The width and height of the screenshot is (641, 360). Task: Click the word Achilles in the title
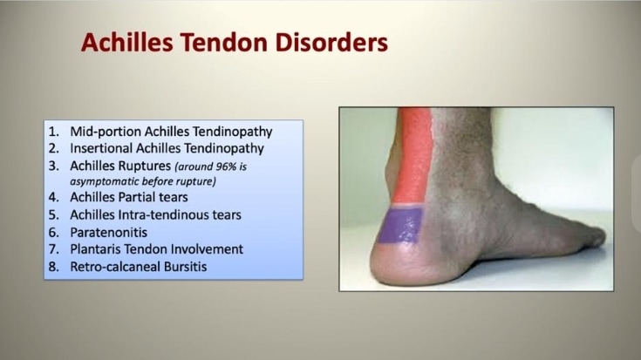click(x=126, y=43)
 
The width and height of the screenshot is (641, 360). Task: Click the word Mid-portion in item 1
click(x=106, y=132)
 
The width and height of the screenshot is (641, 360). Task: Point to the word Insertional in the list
click(x=101, y=148)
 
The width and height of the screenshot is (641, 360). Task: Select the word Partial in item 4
click(x=137, y=197)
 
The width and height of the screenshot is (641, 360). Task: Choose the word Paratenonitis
click(x=109, y=233)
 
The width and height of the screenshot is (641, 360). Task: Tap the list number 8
click(x=53, y=267)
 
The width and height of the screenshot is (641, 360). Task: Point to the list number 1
click(x=53, y=132)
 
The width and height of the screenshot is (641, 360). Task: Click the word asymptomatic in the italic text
click(x=105, y=181)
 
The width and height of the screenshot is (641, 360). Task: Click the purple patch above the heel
click(x=399, y=225)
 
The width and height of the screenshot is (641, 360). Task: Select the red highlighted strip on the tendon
click(x=413, y=155)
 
